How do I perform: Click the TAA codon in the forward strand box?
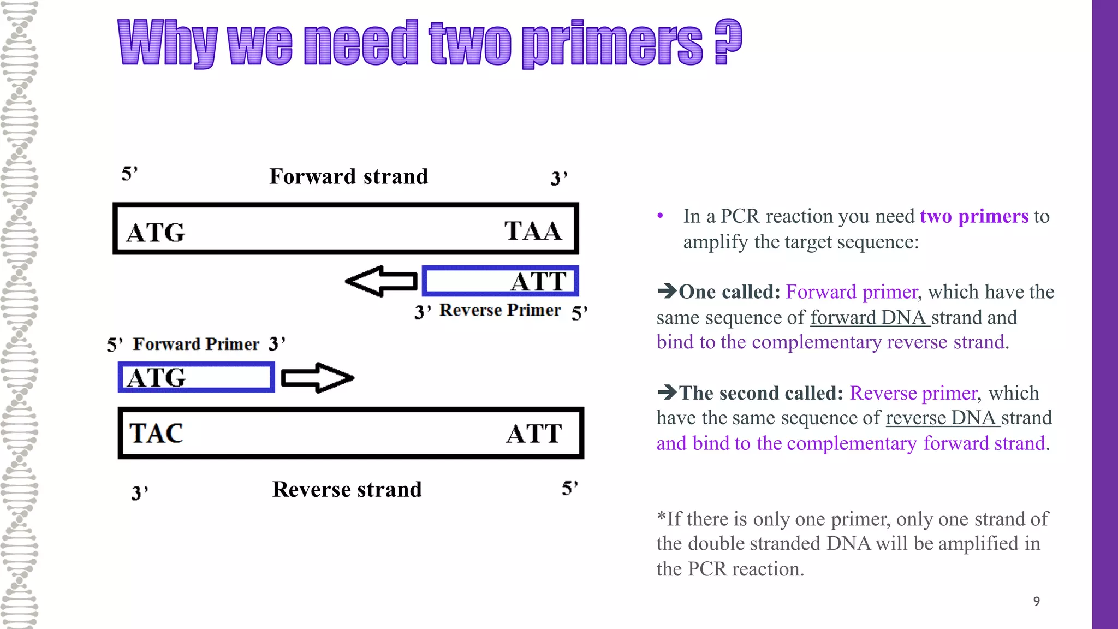click(533, 231)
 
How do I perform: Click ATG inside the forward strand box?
click(156, 233)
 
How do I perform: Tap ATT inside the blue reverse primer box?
click(538, 282)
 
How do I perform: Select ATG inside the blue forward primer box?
click(157, 378)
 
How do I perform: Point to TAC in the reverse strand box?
click(156, 434)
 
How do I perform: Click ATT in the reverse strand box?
click(533, 434)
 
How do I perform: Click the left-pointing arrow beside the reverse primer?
click(381, 282)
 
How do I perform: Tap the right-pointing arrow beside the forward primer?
click(317, 378)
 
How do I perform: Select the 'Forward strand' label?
click(349, 176)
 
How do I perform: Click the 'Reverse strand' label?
click(347, 489)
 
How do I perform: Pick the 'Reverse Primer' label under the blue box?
click(500, 310)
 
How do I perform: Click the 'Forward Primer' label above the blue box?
click(196, 344)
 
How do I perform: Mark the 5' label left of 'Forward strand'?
click(129, 174)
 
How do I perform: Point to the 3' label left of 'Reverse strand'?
click(140, 492)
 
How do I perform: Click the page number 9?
click(1036, 601)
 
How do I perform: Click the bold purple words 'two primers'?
click(974, 216)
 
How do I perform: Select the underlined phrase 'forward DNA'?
click(870, 317)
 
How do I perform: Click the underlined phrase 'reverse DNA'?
click(943, 418)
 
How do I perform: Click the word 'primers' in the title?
click(612, 44)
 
